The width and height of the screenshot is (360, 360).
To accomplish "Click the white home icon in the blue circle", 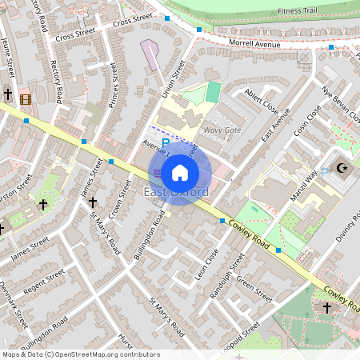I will point(181,172).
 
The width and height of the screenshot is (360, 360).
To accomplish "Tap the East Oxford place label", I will point(176,193).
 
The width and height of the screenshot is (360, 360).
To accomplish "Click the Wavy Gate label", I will point(222,130).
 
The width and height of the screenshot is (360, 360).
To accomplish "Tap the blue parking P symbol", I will point(166,142).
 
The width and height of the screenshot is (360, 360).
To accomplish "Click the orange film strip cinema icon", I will point(26,99).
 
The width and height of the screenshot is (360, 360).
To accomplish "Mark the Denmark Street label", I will point(13,305).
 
